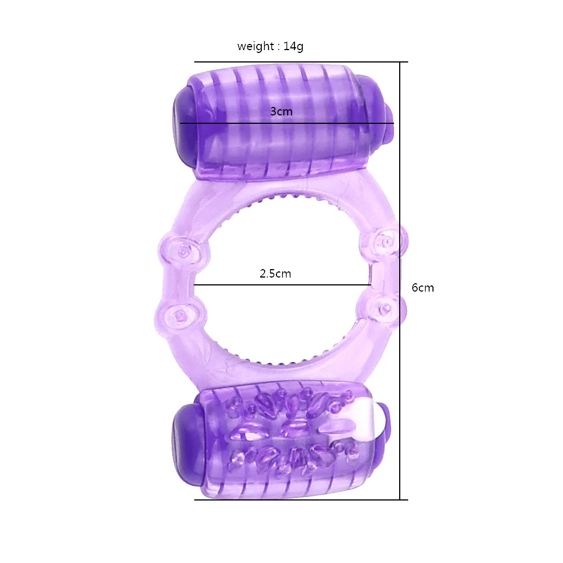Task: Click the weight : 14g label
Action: pos(270,46)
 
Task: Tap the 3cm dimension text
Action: pos(281,111)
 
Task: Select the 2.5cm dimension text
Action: pos(275,274)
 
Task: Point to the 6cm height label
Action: pos(423,288)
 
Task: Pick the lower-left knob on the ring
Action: pos(180,316)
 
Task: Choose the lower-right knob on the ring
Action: pos(383,308)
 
